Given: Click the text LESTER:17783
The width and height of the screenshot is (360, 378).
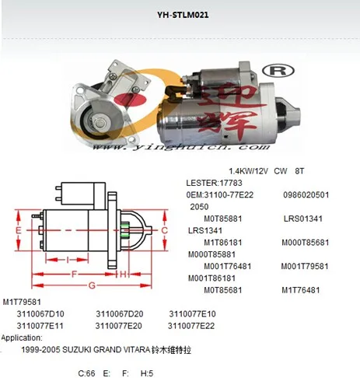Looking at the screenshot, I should click(x=211, y=182).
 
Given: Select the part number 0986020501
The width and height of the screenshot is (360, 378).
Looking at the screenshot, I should click(x=307, y=194).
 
